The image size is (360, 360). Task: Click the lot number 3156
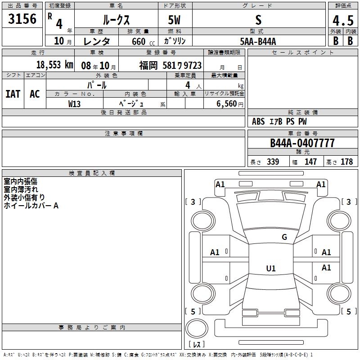pyautogui.click(x=22, y=18)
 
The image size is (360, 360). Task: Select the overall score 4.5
pyautogui.click(x=343, y=20)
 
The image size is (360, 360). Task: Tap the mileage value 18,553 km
pyautogui.click(x=54, y=65)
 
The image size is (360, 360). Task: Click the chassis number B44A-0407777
pyautogui.click(x=302, y=143)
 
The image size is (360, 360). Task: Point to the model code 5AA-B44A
pyautogui.click(x=258, y=41)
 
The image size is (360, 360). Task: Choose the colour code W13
pyautogui.click(x=74, y=104)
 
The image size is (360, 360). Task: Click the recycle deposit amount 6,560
pyautogui.click(x=227, y=103)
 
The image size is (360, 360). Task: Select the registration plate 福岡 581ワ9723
pyautogui.click(x=171, y=65)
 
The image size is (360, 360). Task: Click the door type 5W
pyautogui.click(x=174, y=20)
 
